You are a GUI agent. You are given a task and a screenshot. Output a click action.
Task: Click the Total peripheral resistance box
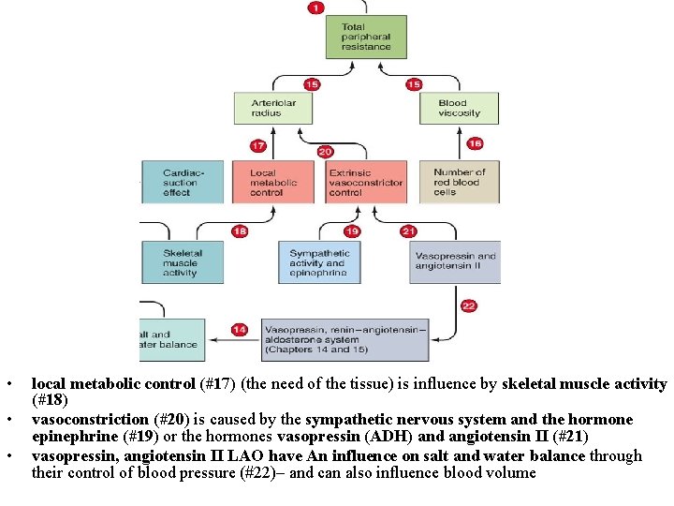[366, 37]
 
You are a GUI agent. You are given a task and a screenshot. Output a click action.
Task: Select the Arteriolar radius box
[273, 108]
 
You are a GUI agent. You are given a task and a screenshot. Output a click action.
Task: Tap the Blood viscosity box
[459, 108]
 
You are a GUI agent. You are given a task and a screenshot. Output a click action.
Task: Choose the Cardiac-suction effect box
[182, 182]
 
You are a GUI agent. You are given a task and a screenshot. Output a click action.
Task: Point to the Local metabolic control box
[273, 182]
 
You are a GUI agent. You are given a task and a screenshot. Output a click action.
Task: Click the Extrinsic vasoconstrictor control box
[366, 182]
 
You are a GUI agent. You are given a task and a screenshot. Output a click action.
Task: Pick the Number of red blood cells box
[460, 182]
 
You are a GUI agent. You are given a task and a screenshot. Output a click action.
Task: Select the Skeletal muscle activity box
[182, 262]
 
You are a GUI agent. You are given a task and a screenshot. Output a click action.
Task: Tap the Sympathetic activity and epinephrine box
[319, 262]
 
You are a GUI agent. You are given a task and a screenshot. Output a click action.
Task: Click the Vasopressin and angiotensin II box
[455, 262]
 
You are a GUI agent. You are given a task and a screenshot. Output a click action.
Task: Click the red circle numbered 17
[258, 145]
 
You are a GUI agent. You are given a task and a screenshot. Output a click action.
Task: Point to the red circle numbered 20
[325, 151]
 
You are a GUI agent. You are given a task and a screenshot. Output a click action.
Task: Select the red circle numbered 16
[475, 143]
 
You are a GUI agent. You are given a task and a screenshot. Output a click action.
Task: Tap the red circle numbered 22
[469, 305]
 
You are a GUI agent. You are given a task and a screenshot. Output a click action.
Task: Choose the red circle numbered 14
[240, 329]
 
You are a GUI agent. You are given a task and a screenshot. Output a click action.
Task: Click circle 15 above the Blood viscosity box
[414, 84]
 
